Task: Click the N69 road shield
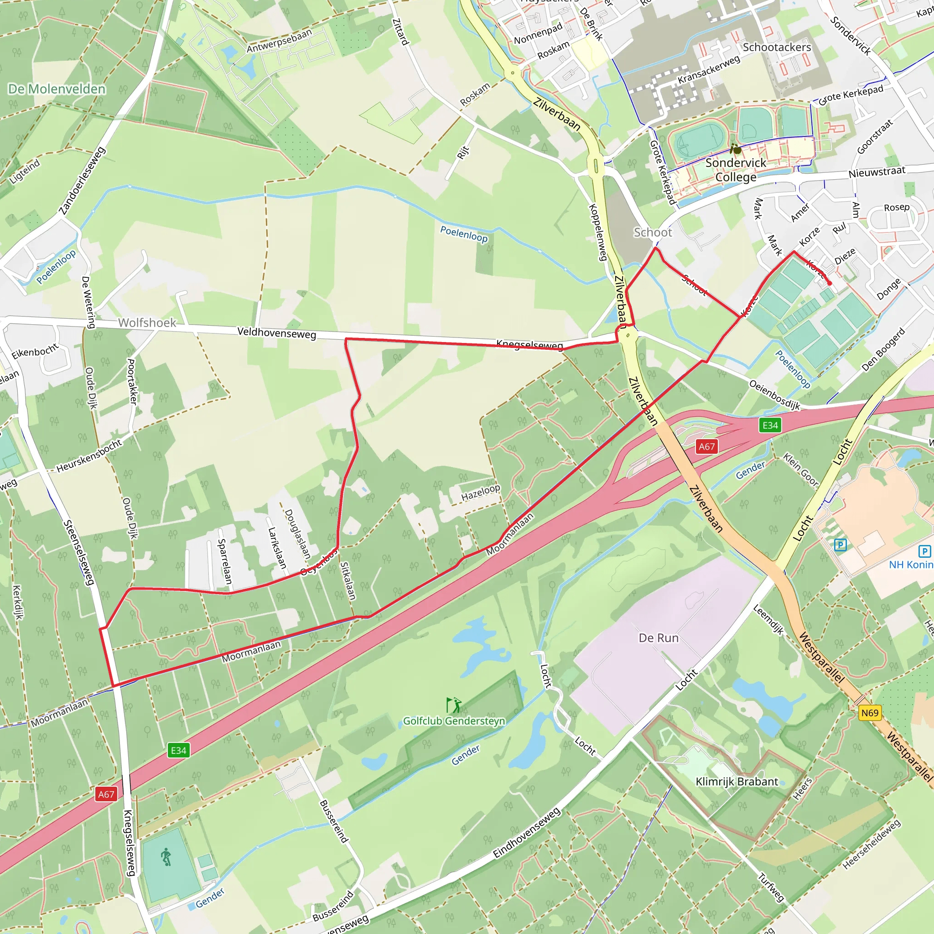[869, 713]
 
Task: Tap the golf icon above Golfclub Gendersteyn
[454, 706]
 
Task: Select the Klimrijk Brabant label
[737, 782]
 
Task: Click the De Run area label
[659, 638]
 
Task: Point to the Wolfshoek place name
[147, 322]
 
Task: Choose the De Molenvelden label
[57, 89]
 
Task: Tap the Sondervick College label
[736, 170]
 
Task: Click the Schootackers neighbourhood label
[776, 47]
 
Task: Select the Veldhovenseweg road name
[276, 333]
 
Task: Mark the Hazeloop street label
[480, 493]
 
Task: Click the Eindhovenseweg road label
[526, 833]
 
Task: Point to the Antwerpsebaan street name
[279, 42]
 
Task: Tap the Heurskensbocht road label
[89, 456]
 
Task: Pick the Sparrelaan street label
[225, 561]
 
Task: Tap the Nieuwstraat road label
[877, 171]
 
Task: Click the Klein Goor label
[800, 469]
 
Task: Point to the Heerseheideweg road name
[871, 844]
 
